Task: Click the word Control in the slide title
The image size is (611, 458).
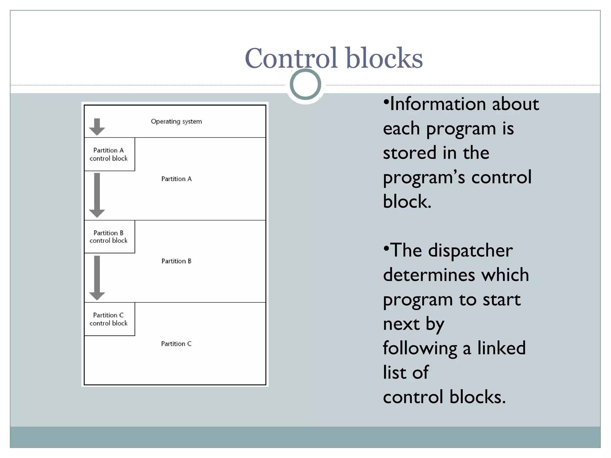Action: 291,58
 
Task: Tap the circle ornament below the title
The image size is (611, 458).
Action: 305,84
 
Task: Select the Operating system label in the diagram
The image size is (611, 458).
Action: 176,121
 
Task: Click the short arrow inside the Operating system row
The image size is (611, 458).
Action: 97,127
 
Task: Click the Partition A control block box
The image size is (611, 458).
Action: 109,154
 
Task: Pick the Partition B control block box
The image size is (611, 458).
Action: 109,237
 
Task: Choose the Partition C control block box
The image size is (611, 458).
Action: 109,319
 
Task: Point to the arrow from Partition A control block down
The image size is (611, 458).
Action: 97,195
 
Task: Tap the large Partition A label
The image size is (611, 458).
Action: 176,179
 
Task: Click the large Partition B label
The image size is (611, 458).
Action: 176,261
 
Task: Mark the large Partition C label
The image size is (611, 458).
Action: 176,344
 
